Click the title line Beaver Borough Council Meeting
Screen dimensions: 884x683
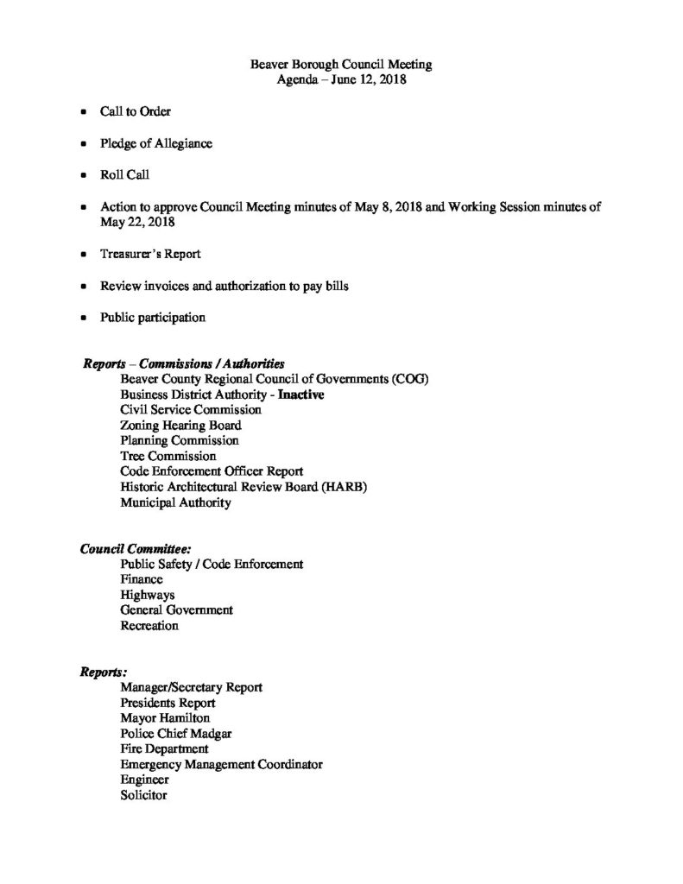click(x=340, y=64)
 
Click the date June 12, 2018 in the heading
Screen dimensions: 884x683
click(x=370, y=80)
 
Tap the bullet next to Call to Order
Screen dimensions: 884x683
click(x=83, y=112)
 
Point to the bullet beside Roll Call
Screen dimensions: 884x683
click(x=83, y=175)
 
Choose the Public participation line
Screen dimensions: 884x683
click(x=153, y=318)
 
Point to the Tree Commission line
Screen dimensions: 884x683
click(x=168, y=456)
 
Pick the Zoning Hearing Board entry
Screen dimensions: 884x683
click(x=180, y=425)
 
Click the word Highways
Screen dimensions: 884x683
click(x=148, y=595)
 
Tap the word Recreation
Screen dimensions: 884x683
click(x=149, y=626)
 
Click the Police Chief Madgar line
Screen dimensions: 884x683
click(x=176, y=733)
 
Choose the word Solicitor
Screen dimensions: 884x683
click(x=143, y=795)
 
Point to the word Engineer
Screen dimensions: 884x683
click(x=145, y=780)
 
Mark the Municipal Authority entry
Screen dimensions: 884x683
click(x=175, y=502)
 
